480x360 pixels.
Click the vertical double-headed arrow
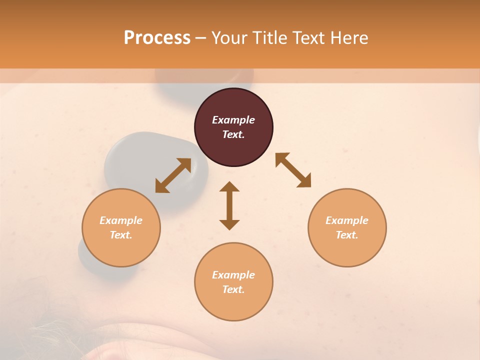click(x=229, y=205)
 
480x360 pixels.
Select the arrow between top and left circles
click(x=173, y=175)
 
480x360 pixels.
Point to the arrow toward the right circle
click(x=293, y=170)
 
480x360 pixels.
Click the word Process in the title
click(x=157, y=37)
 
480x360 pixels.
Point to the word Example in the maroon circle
click(x=233, y=120)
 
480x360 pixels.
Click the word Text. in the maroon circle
click(x=233, y=134)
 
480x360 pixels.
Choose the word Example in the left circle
click(x=121, y=220)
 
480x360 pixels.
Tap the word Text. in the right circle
click(x=347, y=235)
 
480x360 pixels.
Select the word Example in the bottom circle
click(x=233, y=275)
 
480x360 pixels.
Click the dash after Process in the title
click(x=200, y=37)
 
